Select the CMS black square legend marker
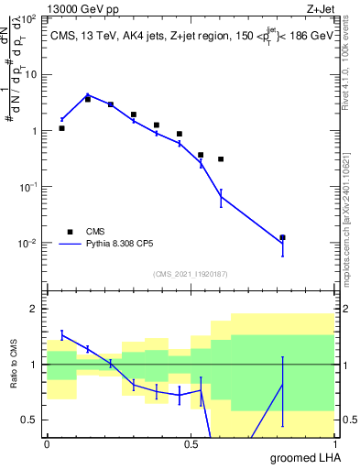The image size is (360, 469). coord(70,232)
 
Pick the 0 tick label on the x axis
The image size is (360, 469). coord(47,444)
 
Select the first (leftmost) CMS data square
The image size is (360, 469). coord(61,128)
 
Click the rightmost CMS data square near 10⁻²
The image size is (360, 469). coord(282,238)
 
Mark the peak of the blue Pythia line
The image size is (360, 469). coord(87,94)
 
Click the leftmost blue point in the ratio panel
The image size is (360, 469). coord(61,334)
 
